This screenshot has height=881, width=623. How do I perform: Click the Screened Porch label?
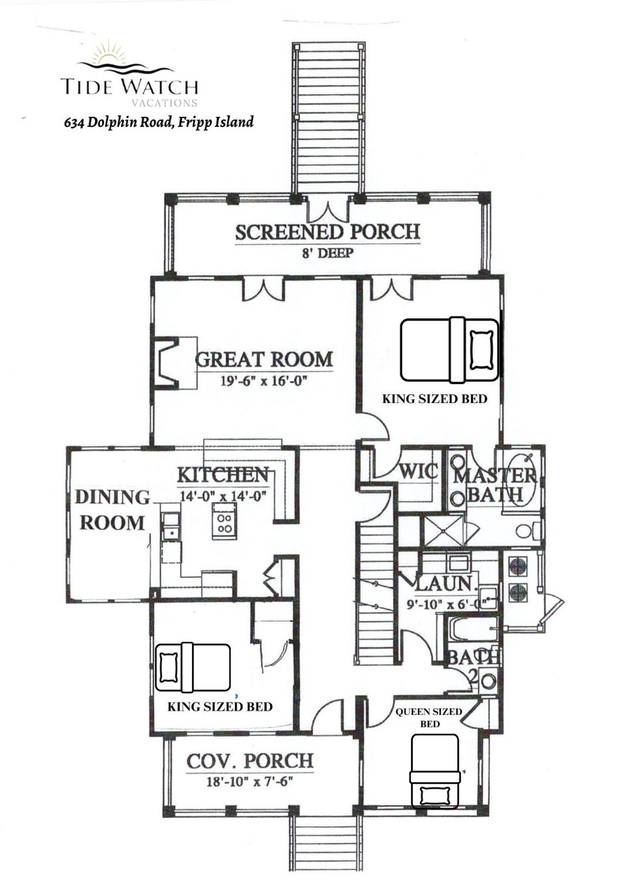[x=327, y=232]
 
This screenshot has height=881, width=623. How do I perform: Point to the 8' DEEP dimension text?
[x=328, y=254]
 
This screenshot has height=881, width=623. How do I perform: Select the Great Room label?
[x=264, y=359]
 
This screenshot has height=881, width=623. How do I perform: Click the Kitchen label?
[x=223, y=475]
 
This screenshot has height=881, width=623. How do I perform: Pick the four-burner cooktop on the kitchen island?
[x=224, y=522]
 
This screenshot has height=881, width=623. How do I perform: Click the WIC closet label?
[x=419, y=472]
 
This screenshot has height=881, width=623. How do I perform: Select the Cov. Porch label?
[x=250, y=762]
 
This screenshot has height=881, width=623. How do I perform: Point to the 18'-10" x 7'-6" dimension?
[x=250, y=782]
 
